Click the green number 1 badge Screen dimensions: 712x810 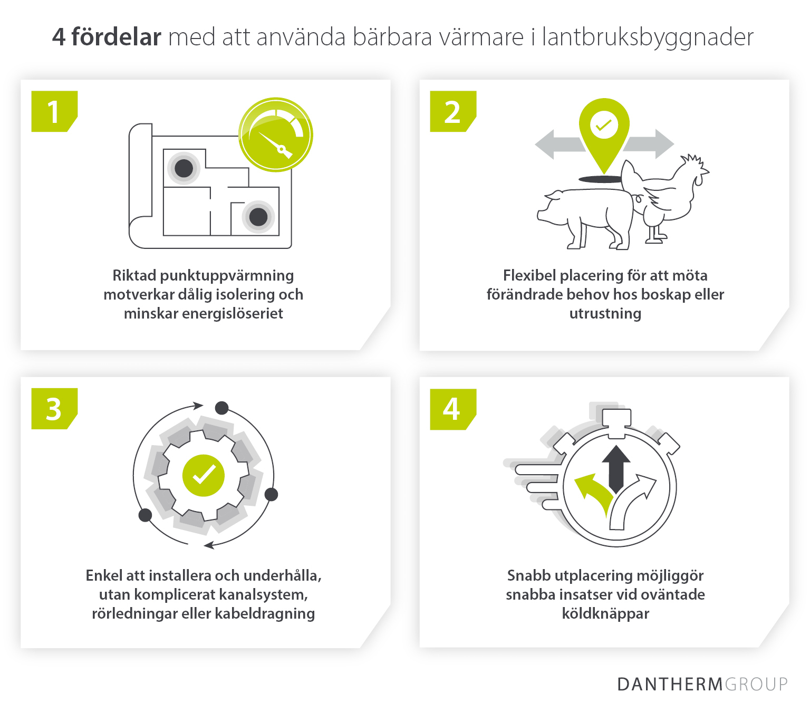[54, 112]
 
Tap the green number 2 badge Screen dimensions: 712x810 [452, 112]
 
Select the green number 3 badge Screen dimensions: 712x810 [54, 409]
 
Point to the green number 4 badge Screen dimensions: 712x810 [452, 409]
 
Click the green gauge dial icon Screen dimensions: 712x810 [276, 134]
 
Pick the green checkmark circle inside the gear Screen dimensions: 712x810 [204, 475]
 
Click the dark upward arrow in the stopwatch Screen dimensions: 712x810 [616, 467]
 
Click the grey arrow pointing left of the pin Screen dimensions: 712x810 [556, 144]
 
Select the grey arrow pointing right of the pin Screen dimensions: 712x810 [651, 143]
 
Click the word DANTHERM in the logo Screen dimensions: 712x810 [670, 684]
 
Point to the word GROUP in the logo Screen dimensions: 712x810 [756, 684]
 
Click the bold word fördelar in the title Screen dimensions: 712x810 [116, 37]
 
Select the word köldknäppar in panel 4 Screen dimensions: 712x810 [605, 613]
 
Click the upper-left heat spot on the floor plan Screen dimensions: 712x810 [184, 169]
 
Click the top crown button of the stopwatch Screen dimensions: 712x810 [616, 418]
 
